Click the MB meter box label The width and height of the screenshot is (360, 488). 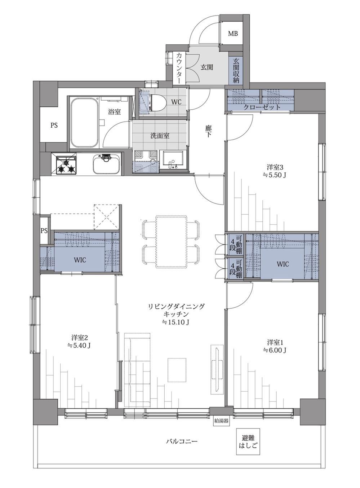pyautogui.click(x=233, y=34)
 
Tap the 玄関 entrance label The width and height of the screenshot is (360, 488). pyautogui.click(x=206, y=67)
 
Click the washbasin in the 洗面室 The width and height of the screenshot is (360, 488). pyautogui.click(x=172, y=160)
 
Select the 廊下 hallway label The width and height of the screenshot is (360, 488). pyautogui.click(x=208, y=131)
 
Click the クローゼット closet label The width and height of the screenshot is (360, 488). pyautogui.click(x=262, y=107)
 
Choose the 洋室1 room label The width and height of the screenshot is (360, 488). pyautogui.click(x=275, y=342)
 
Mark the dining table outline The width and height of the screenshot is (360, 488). pyautogui.click(x=171, y=242)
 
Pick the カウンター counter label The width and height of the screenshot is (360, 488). pyautogui.click(x=179, y=69)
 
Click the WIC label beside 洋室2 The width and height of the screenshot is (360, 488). pyautogui.click(x=80, y=260)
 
